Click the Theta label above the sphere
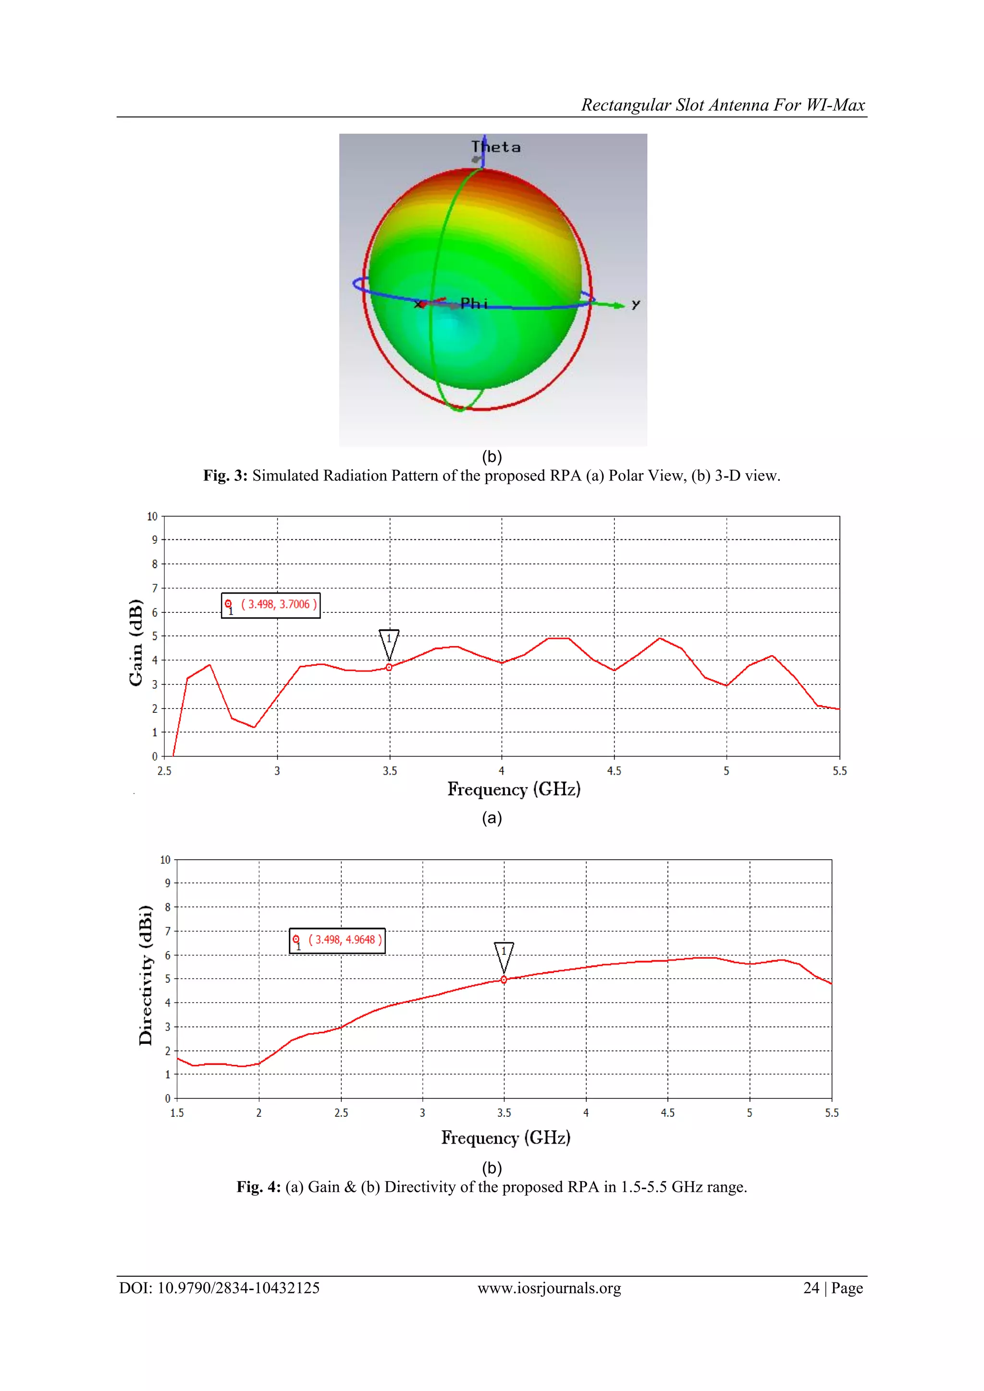tap(496, 147)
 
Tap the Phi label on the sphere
tap(474, 303)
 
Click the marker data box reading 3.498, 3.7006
tap(271, 605)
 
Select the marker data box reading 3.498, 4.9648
tap(337, 940)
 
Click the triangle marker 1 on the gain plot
tap(389, 644)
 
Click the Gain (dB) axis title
tap(135, 642)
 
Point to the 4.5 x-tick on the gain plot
tap(614, 770)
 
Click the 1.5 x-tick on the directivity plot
tap(177, 1113)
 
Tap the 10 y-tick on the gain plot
tap(152, 516)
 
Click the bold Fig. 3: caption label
tap(225, 476)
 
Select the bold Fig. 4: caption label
tap(258, 1187)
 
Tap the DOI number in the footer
tap(238, 1288)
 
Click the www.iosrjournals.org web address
tap(549, 1288)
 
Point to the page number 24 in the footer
tap(811, 1288)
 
